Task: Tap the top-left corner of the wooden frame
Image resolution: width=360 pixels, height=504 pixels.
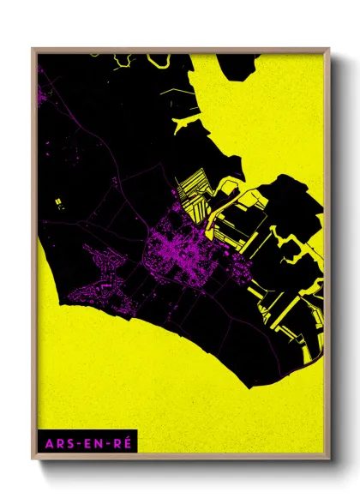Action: click(x=33, y=49)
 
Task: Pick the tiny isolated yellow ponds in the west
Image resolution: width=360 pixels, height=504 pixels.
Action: click(x=58, y=203)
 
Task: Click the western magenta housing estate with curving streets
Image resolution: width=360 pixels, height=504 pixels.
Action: click(x=101, y=270)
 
